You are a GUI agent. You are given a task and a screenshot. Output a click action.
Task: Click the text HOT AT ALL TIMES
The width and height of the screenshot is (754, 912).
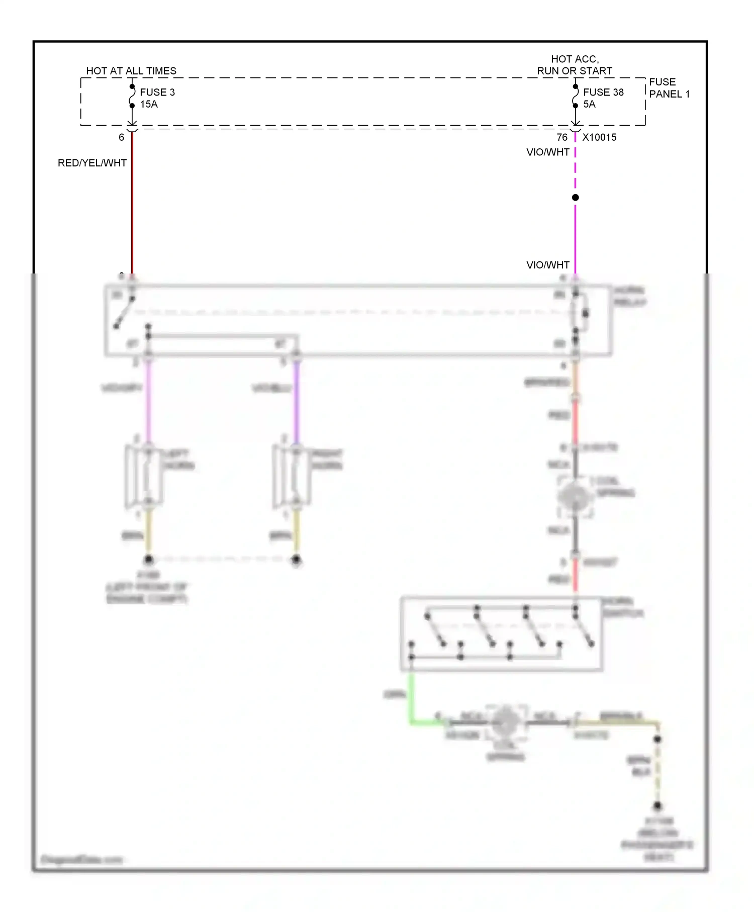pos(131,71)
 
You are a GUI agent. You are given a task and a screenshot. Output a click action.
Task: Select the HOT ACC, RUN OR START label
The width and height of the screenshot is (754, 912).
pos(575,65)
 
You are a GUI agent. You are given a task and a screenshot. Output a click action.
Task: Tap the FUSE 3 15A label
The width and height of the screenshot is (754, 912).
pos(157,98)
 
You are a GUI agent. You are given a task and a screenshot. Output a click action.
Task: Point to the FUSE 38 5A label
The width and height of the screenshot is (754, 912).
pos(603,98)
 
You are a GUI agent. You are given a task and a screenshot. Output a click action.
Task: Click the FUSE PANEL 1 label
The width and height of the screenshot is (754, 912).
pos(669,88)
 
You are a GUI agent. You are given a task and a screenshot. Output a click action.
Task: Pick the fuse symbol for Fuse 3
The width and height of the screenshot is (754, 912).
pos(132,96)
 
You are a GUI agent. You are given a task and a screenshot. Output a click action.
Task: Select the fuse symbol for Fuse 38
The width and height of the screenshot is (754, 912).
pos(575,96)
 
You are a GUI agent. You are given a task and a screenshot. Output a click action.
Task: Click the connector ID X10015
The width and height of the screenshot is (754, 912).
pos(599,137)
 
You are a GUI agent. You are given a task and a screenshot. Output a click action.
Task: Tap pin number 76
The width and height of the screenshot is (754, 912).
pos(561,137)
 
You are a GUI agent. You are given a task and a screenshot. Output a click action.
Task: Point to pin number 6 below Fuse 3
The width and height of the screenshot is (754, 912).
pos(121,137)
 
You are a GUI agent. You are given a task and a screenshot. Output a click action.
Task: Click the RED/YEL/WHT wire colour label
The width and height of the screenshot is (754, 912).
pos(92,163)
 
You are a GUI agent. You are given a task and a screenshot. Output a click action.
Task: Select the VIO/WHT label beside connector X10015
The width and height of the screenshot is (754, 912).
pos(547,152)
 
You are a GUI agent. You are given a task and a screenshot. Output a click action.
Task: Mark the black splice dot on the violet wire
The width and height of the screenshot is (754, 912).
pos(575,198)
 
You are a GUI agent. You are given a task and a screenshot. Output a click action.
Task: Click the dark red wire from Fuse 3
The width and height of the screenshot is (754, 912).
pos(132,211)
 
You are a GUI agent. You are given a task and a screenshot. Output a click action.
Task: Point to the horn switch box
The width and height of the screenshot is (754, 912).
pos(501,633)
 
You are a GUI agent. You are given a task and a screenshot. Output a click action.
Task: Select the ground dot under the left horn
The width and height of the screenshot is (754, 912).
pos(148,559)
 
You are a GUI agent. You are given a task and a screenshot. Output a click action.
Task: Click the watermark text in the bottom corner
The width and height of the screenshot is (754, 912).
pos(81,859)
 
